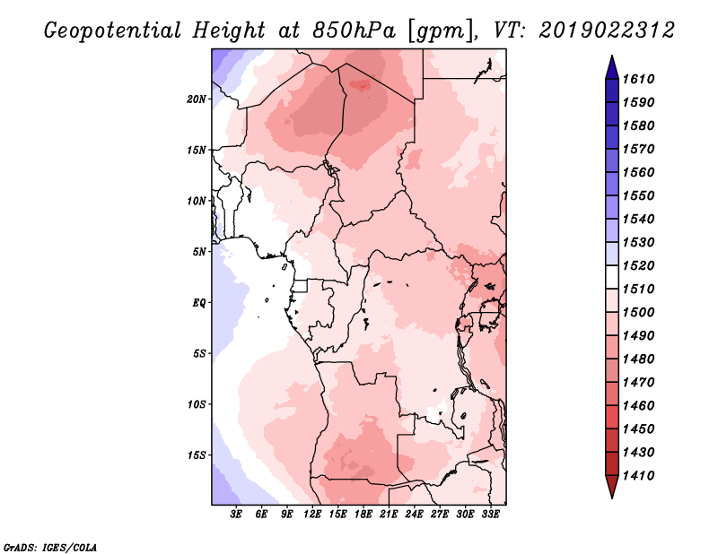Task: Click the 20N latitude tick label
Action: point(197,99)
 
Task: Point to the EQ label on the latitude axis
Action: point(199,302)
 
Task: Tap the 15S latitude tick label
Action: point(197,454)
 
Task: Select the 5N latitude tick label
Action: point(200,251)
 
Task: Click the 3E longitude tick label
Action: point(237,515)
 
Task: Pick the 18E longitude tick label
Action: point(364,515)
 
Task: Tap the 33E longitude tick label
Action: point(491,515)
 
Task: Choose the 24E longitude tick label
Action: point(415,515)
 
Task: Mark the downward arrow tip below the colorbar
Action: point(611,496)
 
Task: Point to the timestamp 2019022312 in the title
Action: point(607,30)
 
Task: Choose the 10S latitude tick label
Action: point(197,403)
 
